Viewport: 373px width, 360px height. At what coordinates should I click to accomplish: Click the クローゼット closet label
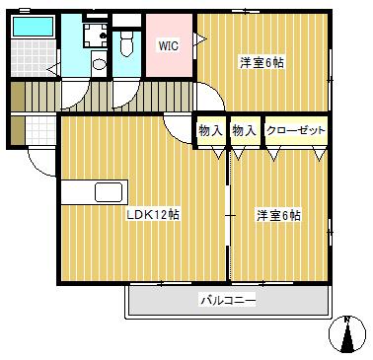295,130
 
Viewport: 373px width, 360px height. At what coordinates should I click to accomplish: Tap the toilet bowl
126,44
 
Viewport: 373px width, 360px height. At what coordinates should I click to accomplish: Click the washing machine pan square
94,36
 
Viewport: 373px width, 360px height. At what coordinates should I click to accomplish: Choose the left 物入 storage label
209,130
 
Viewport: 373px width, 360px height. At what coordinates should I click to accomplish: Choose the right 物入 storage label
243,130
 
